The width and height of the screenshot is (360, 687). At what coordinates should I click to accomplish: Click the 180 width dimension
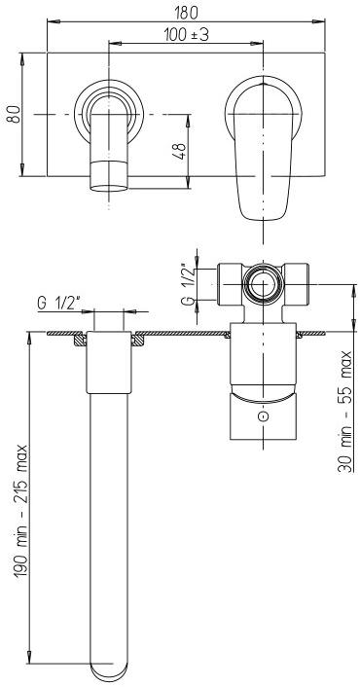[x=189, y=13]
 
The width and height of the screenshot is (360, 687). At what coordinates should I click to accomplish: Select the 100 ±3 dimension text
[x=189, y=35]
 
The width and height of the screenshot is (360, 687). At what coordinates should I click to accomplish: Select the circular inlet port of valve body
[x=262, y=284]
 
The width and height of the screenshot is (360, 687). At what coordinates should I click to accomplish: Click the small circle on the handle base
[x=262, y=416]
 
